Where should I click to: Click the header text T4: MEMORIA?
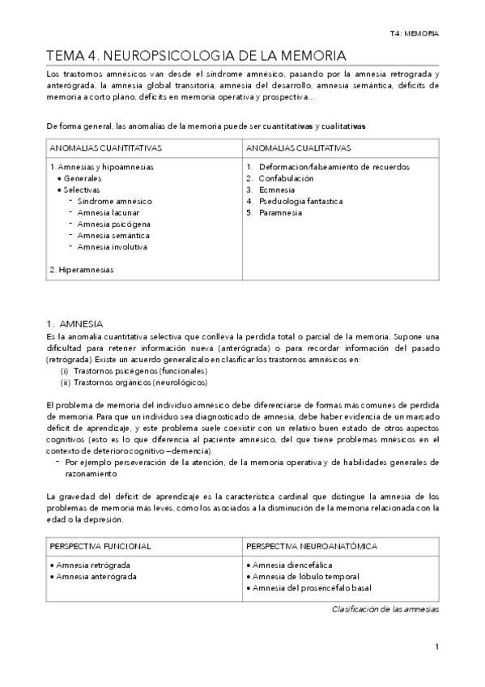coord(415,34)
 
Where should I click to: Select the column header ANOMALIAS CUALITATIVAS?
coord(297,149)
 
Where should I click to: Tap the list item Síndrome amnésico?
coord(115,201)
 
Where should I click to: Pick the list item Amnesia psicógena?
coord(114,224)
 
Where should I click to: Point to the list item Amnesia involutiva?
coord(113,246)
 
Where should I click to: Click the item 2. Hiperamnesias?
coord(81,269)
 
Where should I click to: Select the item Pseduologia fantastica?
coord(300,201)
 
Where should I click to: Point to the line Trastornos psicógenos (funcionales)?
coord(134,370)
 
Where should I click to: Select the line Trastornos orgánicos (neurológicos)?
coord(134,382)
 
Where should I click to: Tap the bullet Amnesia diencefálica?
coord(292,565)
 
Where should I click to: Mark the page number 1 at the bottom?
coord(436,646)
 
